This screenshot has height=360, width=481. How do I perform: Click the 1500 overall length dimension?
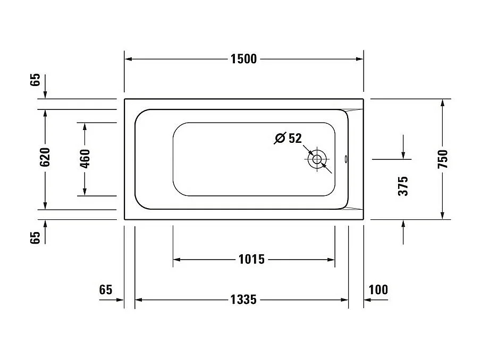(x=243, y=59)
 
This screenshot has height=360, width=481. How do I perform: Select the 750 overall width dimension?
(x=443, y=159)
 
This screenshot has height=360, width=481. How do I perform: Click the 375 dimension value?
(x=403, y=186)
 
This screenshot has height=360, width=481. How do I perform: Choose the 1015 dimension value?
(x=251, y=260)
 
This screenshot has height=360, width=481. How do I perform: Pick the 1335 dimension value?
(x=243, y=301)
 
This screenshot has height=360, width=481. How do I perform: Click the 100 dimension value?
(x=378, y=290)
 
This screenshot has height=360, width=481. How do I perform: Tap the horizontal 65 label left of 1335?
(x=106, y=290)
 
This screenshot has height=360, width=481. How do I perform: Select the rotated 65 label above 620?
(x=35, y=80)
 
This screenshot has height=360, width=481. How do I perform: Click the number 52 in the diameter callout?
(x=295, y=139)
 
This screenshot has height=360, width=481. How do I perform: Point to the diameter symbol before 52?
(x=280, y=139)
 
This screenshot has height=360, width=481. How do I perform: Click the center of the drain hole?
(x=317, y=159)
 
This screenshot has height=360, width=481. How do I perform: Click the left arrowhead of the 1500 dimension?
(x=128, y=59)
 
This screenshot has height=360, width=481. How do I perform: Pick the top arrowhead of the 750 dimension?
(x=443, y=102)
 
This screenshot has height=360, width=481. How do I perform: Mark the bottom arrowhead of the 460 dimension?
(x=85, y=192)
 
